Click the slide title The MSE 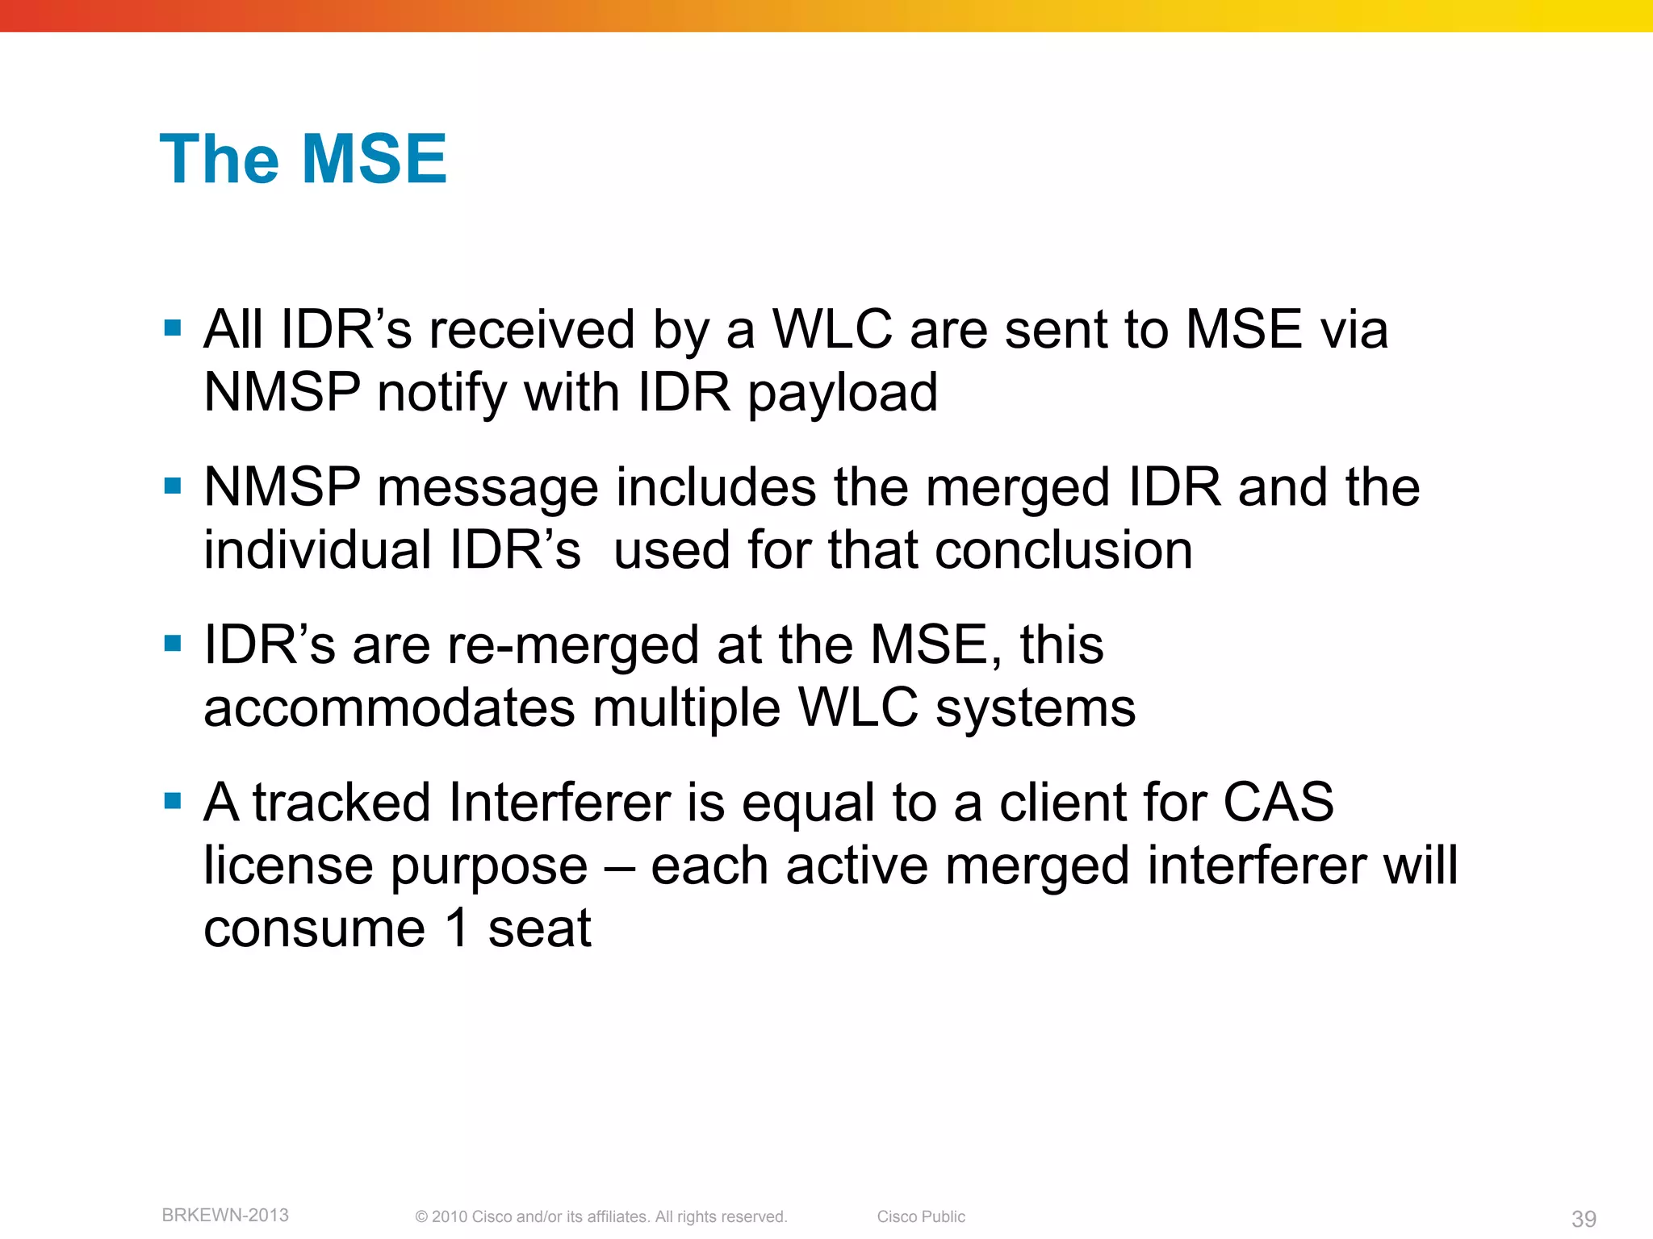pos(303,159)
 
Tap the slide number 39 pos(1584,1219)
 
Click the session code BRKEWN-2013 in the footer pos(225,1215)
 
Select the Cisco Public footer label pos(921,1216)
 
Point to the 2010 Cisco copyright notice pos(601,1216)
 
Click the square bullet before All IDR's pos(172,327)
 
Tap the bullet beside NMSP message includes pos(172,486)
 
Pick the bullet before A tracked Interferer pos(172,801)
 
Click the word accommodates pos(390,708)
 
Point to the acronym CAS pos(1278,803)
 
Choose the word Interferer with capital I pos(559,803)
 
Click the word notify pos(441,394)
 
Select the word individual pos(318,550)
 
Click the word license pos(288,866)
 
